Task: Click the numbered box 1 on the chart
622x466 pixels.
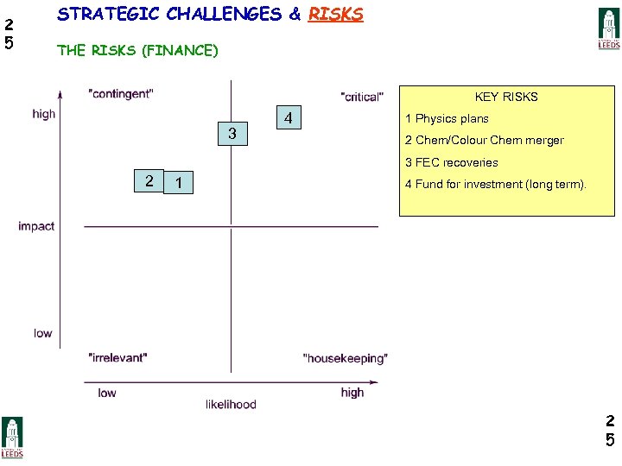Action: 178,182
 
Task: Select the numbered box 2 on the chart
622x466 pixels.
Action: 149,180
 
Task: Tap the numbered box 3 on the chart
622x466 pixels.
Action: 232,134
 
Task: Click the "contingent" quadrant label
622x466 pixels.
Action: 121,93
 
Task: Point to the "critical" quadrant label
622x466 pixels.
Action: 362,97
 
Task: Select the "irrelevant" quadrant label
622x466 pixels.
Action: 118,357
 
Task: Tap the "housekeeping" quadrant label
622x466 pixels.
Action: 346,358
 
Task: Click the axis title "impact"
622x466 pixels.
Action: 36,226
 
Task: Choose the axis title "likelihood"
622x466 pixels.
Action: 231,404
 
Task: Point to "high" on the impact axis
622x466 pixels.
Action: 43,114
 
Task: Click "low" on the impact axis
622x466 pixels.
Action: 43,333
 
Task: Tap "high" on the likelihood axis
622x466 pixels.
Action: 352,393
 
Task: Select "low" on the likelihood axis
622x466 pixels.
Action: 107,393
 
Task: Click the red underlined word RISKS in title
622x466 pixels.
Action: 335,15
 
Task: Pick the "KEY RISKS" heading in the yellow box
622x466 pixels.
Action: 506,97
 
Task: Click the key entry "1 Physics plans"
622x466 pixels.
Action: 447,119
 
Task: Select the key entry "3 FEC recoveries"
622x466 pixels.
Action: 451,162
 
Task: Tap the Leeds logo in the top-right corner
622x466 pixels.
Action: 609,28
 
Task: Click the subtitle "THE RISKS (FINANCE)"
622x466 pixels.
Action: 137,50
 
